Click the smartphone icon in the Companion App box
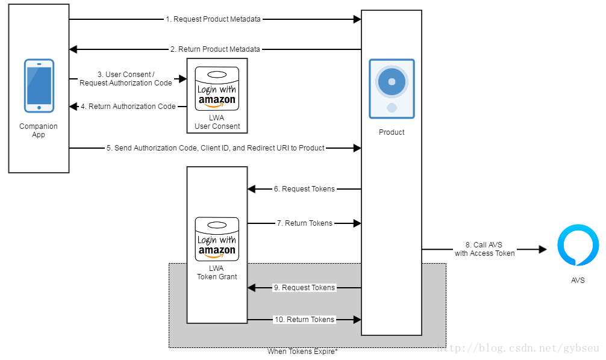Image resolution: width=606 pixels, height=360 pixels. [x=39, y=85]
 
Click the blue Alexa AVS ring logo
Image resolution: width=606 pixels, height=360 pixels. [x=578, y=245]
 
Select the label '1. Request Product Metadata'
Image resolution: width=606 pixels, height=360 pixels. [x=213, y=19]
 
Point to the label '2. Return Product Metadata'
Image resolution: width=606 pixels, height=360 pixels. [x=215, y=49]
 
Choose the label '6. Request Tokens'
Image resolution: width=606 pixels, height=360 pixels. [x=304, y=189]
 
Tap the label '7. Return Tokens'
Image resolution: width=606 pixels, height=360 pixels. [x=304, y=223]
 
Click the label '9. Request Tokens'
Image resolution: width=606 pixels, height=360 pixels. [x=304, y=288]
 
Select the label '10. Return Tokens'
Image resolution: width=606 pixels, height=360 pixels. [x=304, y=320]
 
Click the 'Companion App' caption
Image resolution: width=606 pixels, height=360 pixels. [x=39, y=131]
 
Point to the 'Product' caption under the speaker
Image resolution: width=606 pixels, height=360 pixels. [x=392, y=132]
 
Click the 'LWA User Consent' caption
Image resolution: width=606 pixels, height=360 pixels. [x=217, y=122]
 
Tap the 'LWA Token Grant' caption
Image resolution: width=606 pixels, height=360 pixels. [x=217, y=273]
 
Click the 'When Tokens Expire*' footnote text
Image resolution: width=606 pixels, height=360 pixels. [x=302, y=352]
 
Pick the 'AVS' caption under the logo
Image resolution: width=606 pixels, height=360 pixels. [x=578, y=281]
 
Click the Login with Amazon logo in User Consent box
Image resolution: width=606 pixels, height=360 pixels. [x=217, y=88]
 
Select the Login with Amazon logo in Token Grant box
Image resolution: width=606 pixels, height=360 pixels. [x=217, y=238]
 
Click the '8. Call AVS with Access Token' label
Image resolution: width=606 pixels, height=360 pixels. [x=484, y=249]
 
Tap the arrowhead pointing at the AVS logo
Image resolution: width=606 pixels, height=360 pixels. [x=542, y=249]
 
